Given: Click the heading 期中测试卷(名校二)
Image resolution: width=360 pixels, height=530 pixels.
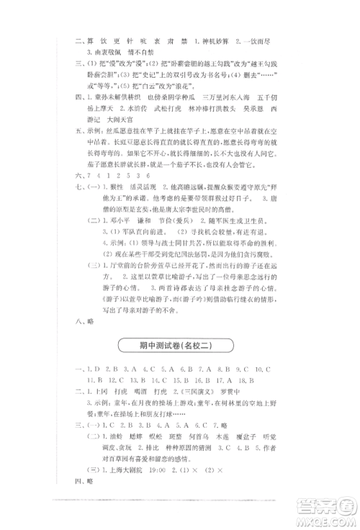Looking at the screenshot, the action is click(x=179, y=346).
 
